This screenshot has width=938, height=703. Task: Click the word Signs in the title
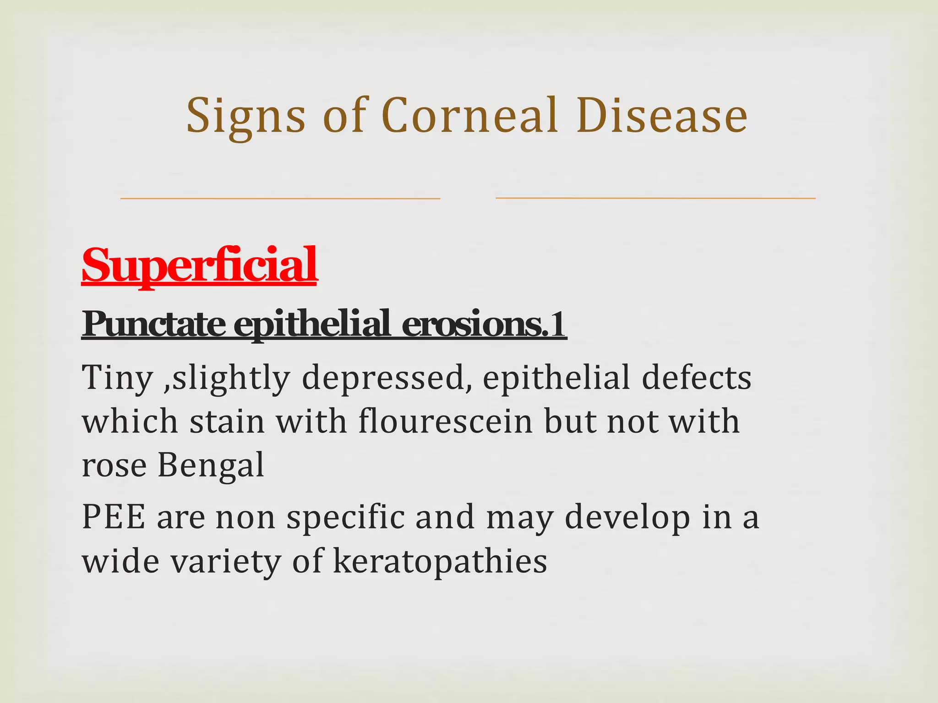pyautogui.click(x=245, y=117)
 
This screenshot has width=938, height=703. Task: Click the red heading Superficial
pyautogui.click(x=199, y=265)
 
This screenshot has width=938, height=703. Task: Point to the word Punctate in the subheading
pyautogui.click(x=154, y=324)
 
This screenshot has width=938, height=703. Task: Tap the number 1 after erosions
pyautogui.click(x=558, y=324)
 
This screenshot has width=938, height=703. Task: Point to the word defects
pyautogui.click(x=696, y=378)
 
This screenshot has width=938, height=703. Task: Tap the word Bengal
pyautogui.click(x=211, y=465)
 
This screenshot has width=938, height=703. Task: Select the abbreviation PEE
pyautogui.click(x=114, y=517)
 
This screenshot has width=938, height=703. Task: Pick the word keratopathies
pyautogui.click(x=440, y=562)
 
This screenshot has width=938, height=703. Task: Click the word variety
pyautogui.click(x=225, y=562)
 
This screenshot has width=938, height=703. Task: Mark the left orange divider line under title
pyautogui.click(x=280, y=198)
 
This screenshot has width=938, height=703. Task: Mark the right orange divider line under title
pyautogui.click(x=655, y=198)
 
